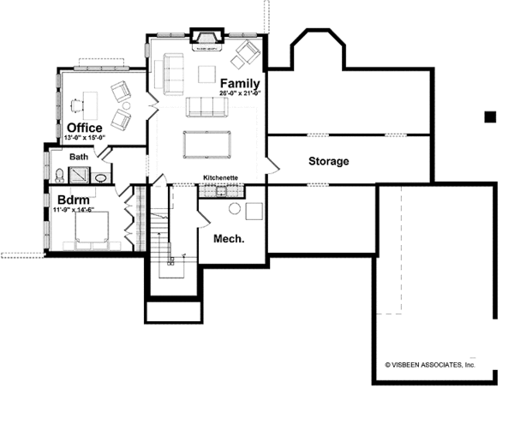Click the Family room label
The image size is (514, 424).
coord(240,82)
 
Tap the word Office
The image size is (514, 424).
coord(85,128)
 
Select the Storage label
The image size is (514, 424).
coord(328,161)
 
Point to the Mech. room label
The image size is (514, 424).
coord(230,239)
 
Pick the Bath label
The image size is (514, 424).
coord(79,157)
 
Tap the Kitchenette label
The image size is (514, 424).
coord(220,178)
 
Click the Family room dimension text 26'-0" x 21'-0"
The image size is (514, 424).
coord(240,92)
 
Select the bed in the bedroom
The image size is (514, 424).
coord(91,230)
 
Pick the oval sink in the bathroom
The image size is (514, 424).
coord(100,178)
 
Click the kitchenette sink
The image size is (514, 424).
coord(209,190)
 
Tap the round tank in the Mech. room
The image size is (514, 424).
coord(233,209)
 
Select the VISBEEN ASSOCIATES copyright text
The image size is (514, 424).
coord(429,364)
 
